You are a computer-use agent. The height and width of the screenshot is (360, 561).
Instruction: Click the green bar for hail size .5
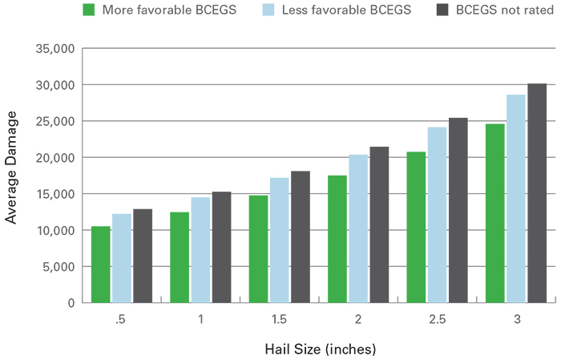pyautogui.click(x=101, y=265)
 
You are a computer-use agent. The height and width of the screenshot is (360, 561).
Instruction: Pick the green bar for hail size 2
pyautogui.click(x=337, y=239)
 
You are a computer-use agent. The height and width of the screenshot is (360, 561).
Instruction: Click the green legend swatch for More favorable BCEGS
pyautogui.click(x=89, y=10)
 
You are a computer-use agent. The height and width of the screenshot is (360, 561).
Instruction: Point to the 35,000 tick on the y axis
pyautogui.click(x=56, y=49)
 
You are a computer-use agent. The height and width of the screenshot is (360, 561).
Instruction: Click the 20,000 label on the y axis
pyautogui.click(x=56, y=158)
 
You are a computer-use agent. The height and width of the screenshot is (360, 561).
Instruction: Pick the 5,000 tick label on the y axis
pyautogui.click(x=59, y=267)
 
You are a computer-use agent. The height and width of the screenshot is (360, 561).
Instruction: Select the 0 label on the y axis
pyautogui.click(x=71, y=303)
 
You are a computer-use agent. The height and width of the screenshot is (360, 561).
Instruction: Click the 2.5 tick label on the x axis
pyautogui.click(x=437, y=319)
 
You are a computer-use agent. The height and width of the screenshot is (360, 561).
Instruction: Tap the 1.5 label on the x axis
pyautogui.click(x=279, y=319)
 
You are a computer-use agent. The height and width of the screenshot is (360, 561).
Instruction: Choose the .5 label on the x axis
pyautogui.click(x=121, y=319)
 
